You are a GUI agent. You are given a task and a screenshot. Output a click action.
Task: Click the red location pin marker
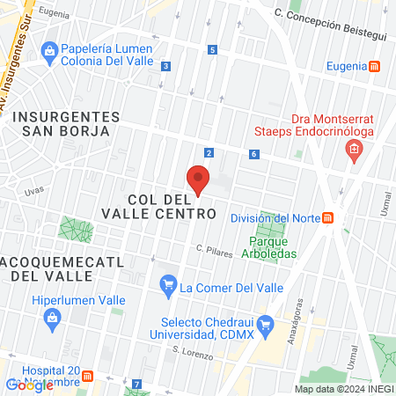199,180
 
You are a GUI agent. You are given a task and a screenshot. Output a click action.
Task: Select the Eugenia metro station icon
374,66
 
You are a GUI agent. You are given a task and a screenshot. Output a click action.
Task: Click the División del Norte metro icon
328,218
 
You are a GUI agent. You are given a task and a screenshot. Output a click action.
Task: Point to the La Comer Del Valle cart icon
168,284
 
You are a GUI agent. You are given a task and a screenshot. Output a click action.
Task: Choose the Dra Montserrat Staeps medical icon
354,150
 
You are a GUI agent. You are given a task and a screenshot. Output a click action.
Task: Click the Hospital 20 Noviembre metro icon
87,377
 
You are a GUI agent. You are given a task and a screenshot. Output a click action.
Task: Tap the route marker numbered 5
213,50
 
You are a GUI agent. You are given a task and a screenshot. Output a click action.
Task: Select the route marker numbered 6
253,154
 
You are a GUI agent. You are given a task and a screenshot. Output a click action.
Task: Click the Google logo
29,385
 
